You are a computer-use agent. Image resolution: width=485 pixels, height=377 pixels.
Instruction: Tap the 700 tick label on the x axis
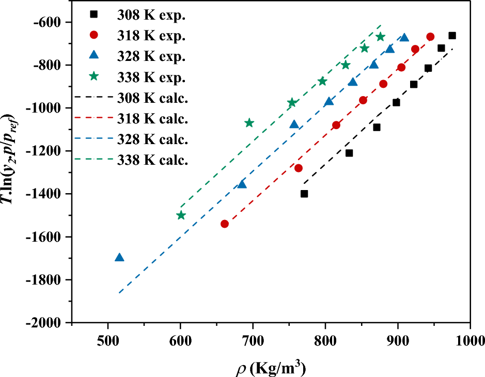(x=253, y=340)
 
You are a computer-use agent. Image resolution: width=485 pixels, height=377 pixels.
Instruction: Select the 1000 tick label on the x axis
(x=469, y=340)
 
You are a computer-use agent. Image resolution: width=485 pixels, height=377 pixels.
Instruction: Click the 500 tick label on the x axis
(x=107, y=340)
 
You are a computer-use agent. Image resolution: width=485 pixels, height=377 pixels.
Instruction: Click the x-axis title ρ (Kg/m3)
(x=269, y=367)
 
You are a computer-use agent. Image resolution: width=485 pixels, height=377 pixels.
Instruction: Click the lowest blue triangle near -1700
(x=119, y=257)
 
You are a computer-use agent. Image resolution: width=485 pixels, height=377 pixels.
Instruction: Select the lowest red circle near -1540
(x=225, y=224)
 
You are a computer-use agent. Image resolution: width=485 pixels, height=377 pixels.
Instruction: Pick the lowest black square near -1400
(x=304, y=194)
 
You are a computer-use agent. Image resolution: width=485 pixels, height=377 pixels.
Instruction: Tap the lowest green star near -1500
(x=181, y=215)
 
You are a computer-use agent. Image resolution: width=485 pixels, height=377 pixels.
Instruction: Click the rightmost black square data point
(x=452, y=36)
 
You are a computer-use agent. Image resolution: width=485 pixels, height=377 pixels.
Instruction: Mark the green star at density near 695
(x=249, y=123)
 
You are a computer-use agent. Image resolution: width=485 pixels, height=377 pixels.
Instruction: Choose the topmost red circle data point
(x=430, y=37)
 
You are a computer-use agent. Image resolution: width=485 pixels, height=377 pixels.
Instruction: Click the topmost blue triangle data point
(x=404, y=38)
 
